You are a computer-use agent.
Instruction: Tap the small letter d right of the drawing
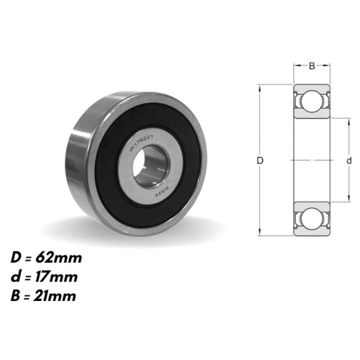click(x=348, y=161)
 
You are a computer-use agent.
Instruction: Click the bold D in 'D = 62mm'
click(x=16, y=258)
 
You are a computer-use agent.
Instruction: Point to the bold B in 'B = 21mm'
click(x=16, y=295)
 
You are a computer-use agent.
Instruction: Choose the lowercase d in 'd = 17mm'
click(x=16, y=276)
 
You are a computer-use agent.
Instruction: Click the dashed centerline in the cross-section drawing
click(x=312, y=160)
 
